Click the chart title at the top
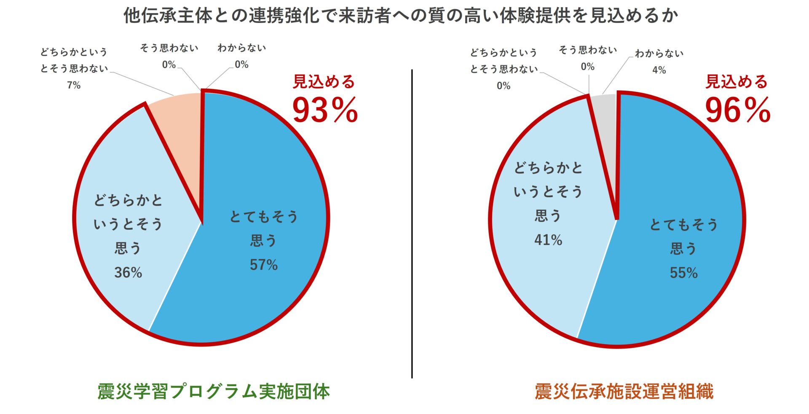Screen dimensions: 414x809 [x=400, y=16]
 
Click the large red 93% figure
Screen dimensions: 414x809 [x=325, y=110]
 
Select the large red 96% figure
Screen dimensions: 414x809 [x=737, y=110]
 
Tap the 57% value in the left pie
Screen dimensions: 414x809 [x=264, y=265]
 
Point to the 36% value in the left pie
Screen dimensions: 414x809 [x=128, y=272]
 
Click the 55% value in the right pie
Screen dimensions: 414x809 [x=683, y=273]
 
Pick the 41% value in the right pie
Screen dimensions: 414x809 [x=548, y=240]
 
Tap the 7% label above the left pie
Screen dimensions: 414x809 [x=74, y=85]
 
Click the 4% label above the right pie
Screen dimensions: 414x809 [x=659, y=70]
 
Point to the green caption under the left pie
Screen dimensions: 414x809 [x=213, y=391]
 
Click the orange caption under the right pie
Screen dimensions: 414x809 [x=624, y=391]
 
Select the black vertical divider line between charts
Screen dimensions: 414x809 [x=412, y=223]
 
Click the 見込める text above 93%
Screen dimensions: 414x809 [x=324, y=82]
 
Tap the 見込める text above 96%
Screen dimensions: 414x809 [x=737, y=82]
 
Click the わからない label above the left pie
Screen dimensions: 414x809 [x=241, y=48]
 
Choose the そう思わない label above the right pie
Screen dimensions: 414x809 [x=587, y=50]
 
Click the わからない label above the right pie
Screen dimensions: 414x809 [x=659, y=54]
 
